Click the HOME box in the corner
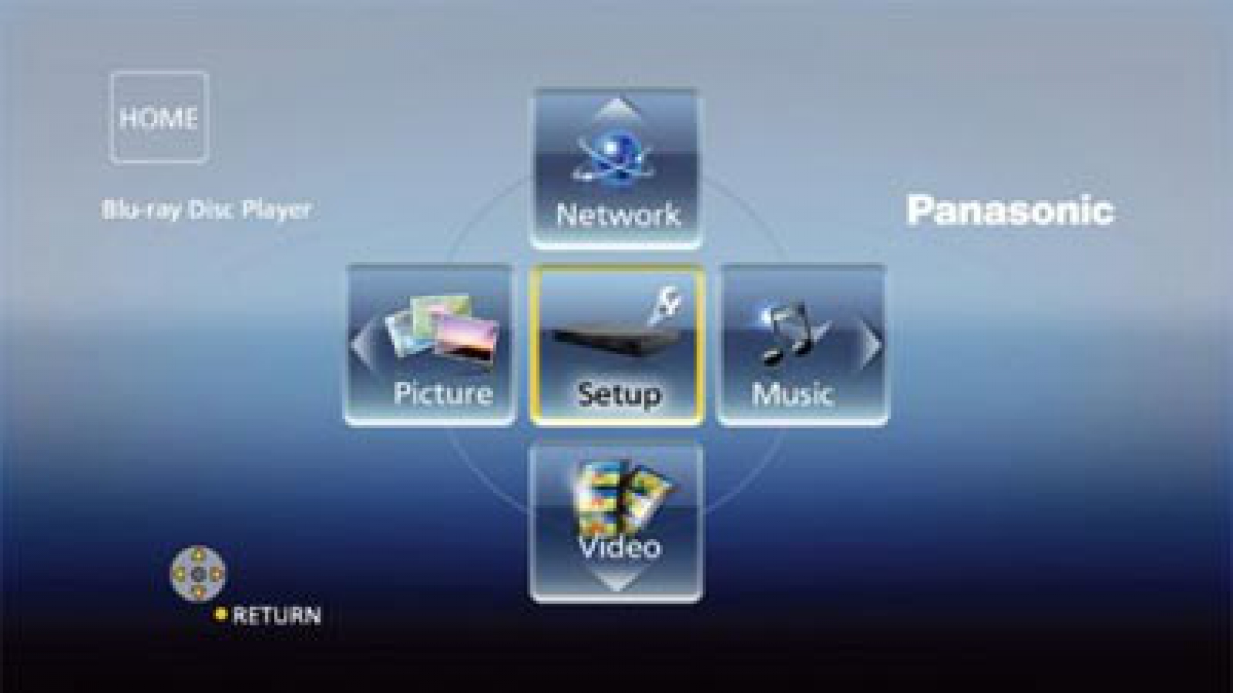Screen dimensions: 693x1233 pyautogui.click(x=159, y=117)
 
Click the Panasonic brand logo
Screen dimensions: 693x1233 pyautogui.click(x=1010, y=210)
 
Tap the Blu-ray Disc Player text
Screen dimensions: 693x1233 pyautogui.click(x=207, y=210)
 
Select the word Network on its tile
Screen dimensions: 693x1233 pyautogui.click(x=618, y=215)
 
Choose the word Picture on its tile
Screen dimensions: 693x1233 pyautogui.click(x=443, y=393)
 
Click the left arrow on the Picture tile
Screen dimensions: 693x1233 pyautogui.click(x=360, y=345)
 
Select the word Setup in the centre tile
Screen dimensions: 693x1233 pyautogui.click(x=618, y=394)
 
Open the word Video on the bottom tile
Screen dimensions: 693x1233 pyautogui.click(x=618, y=547)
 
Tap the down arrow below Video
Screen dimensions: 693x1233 pyautogui.click(x=616, y=583)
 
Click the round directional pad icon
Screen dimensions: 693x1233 pyautogui.click(x=198, y=574)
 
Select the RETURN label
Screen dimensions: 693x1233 pyautogui.click(x=276, y=615)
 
